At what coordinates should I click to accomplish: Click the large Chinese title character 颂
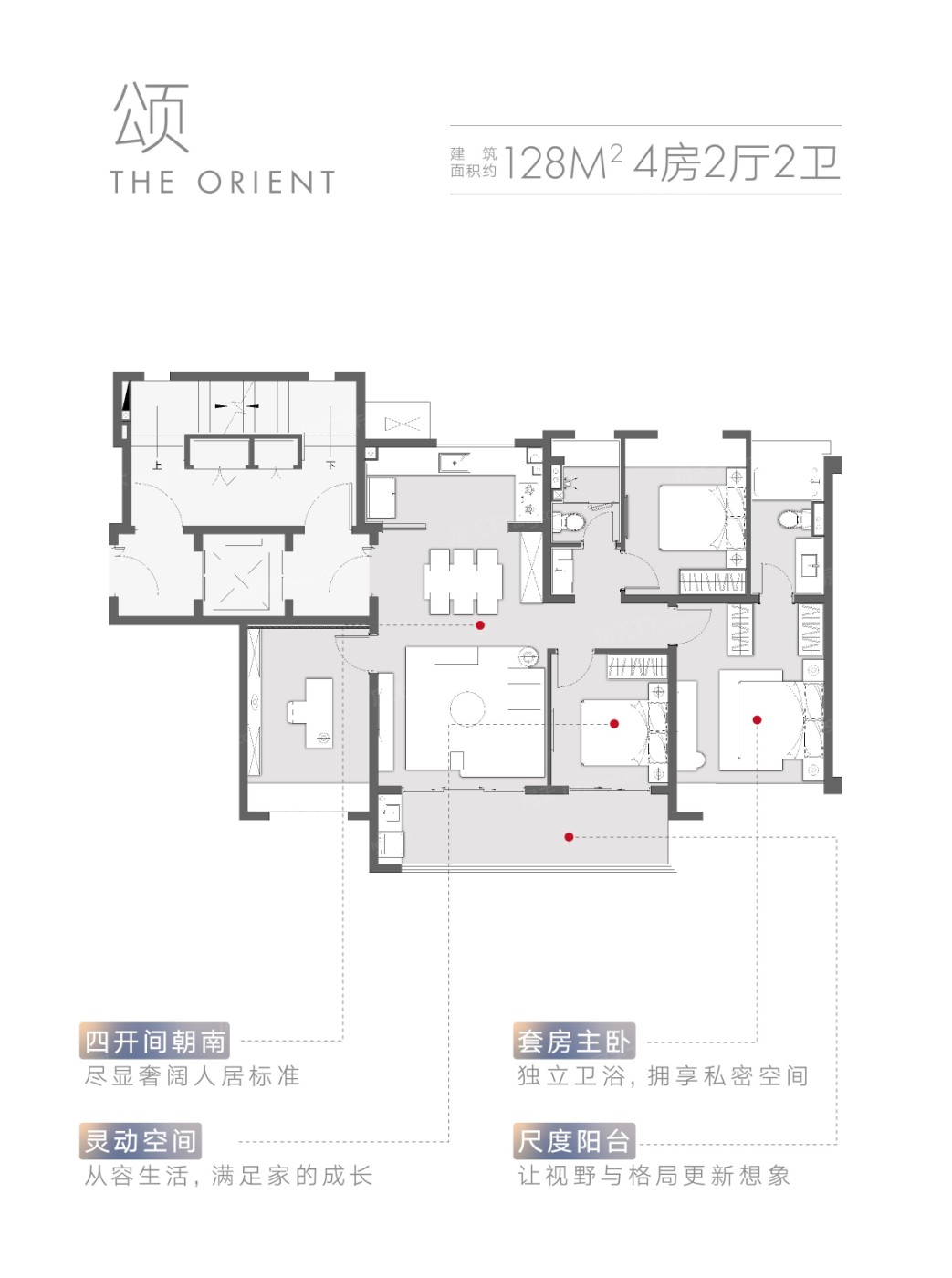point(151,118)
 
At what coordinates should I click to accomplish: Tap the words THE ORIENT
point(223,182)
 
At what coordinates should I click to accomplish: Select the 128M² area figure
point(562,163)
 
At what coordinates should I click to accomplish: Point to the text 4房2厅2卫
point(737,163)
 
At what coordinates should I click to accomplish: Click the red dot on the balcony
point(569,837)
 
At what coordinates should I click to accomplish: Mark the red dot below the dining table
point(480,625)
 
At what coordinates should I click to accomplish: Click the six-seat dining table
point(463,581)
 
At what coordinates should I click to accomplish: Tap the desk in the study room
point(311,713)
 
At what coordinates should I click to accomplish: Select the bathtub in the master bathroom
point(786,482)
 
